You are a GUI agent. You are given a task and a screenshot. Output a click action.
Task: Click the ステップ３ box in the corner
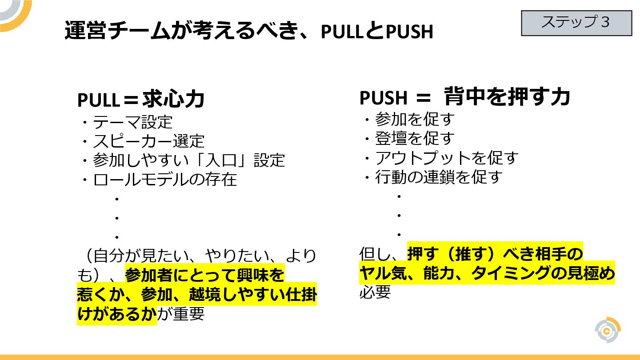(576, 23)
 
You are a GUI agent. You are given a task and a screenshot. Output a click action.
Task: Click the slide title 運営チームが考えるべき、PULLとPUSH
(248, 31)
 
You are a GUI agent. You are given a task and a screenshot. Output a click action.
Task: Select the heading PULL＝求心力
(141, 100)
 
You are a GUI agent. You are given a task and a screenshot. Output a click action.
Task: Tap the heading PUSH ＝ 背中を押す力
(464, 97)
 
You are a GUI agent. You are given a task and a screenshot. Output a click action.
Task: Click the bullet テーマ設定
(132, 122)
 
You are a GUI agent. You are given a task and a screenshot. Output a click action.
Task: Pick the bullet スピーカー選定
(148, 141)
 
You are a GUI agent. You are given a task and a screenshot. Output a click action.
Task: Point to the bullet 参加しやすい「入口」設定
(188, 160)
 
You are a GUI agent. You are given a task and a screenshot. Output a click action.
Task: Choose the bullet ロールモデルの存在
(164, 180)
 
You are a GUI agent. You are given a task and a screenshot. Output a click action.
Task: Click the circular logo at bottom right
(608, 330)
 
